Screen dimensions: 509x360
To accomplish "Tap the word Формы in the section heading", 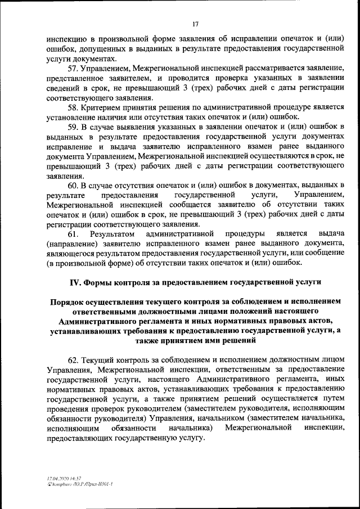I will tap(98, 282).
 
